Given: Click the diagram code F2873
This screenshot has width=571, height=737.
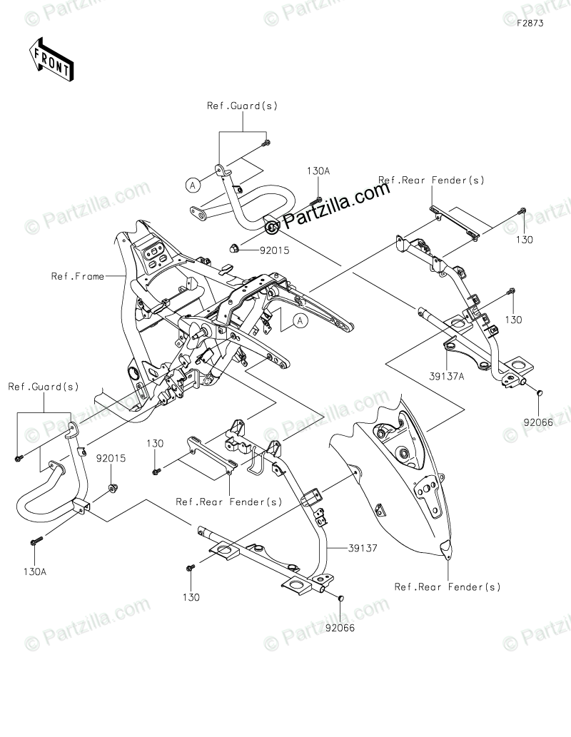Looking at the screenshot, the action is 530,23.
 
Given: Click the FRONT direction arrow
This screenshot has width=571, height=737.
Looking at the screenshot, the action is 51,59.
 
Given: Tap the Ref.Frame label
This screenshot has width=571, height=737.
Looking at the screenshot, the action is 78,276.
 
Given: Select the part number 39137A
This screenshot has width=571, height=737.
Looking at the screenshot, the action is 446,376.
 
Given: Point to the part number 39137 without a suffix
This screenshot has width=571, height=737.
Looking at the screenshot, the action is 363,548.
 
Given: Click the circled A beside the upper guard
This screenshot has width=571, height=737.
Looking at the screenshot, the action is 192,185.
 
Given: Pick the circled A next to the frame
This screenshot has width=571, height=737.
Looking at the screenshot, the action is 300,321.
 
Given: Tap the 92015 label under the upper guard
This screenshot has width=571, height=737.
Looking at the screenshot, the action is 275,250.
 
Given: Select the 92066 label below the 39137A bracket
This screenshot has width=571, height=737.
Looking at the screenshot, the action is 539,422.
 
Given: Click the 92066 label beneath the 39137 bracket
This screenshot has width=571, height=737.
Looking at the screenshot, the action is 340,628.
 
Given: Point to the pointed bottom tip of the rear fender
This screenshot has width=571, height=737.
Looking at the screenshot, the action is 447,559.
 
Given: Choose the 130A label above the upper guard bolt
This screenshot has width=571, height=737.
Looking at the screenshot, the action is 318,171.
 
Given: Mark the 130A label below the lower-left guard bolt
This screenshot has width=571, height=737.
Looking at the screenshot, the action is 35,572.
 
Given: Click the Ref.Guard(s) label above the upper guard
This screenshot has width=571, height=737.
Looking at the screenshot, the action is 242,106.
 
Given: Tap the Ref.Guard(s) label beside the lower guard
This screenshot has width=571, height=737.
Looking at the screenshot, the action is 44,387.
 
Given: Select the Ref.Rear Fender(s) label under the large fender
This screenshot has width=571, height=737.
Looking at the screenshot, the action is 448,586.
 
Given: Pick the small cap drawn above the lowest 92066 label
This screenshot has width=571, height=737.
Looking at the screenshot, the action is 341,597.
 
